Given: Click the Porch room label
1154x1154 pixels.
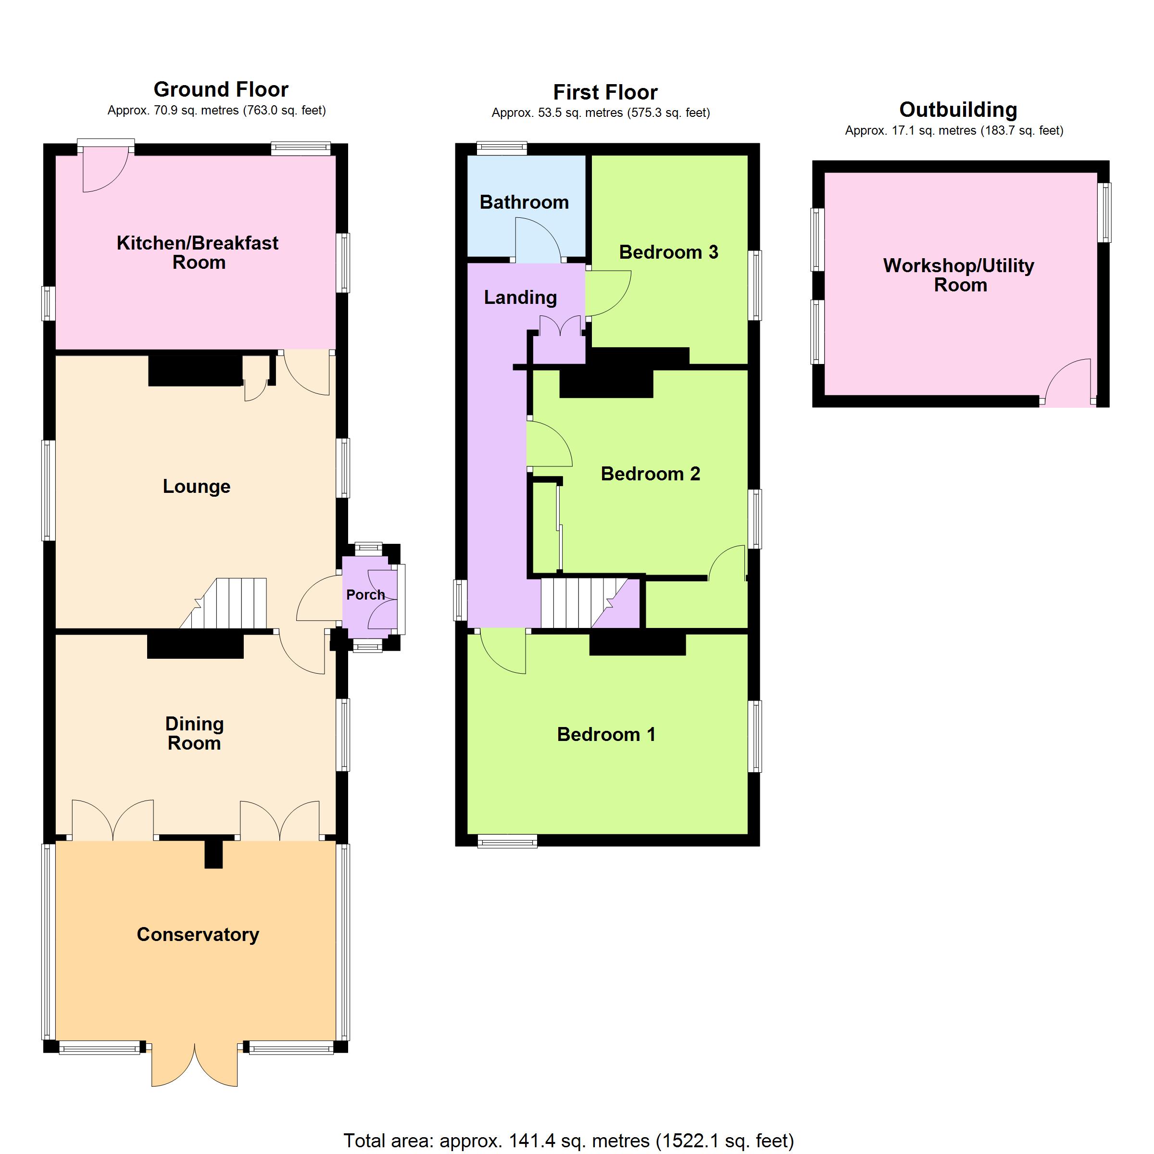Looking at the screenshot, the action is coord(365,595).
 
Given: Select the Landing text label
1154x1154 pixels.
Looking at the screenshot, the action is coord(520,298).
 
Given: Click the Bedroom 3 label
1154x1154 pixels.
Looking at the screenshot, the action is coord(668,252).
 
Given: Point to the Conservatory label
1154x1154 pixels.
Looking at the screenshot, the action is coord(198,934).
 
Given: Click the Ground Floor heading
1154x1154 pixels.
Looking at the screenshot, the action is coord(221,89).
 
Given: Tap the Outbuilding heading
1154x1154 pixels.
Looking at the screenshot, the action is coord(958,110).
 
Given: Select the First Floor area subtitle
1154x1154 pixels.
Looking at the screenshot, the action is coord(601,113).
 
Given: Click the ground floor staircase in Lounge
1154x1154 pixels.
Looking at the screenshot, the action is coord(225,603).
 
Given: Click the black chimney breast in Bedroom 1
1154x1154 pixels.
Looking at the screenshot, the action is coord(637,644).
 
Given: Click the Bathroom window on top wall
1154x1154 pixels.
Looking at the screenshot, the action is coord(502,148).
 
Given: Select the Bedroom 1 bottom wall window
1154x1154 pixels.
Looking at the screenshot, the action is coord(508,841).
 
